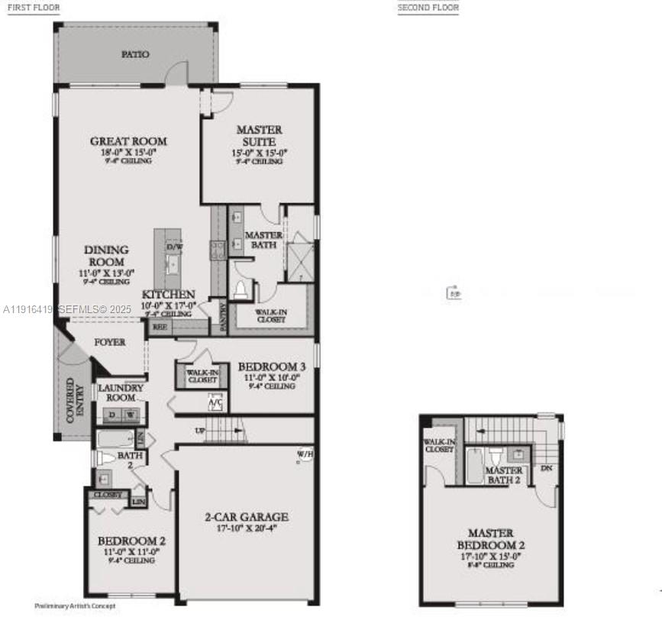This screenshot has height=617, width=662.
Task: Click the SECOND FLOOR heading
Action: [x=428, y=8]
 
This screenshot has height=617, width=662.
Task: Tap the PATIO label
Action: [x=135, y=54]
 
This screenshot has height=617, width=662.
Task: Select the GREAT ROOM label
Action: [x=128, y=141]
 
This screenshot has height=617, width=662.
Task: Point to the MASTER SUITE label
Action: [x=259, y=136]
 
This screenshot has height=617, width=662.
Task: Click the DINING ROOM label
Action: [x=106, y=256]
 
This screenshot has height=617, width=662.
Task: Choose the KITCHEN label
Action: [x=168, y=295]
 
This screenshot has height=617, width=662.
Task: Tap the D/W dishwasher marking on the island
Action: [x=174, y=247]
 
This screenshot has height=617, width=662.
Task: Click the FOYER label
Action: [x=110, y=342]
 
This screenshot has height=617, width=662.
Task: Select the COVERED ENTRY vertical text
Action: [x=76, y=400]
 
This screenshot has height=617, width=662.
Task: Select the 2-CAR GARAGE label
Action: [x=246, y=517]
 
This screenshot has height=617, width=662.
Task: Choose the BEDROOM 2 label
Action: [x=128, y=541]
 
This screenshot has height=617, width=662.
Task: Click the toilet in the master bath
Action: [x=242, y=289]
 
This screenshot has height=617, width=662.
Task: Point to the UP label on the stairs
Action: [x=200, y=431]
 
